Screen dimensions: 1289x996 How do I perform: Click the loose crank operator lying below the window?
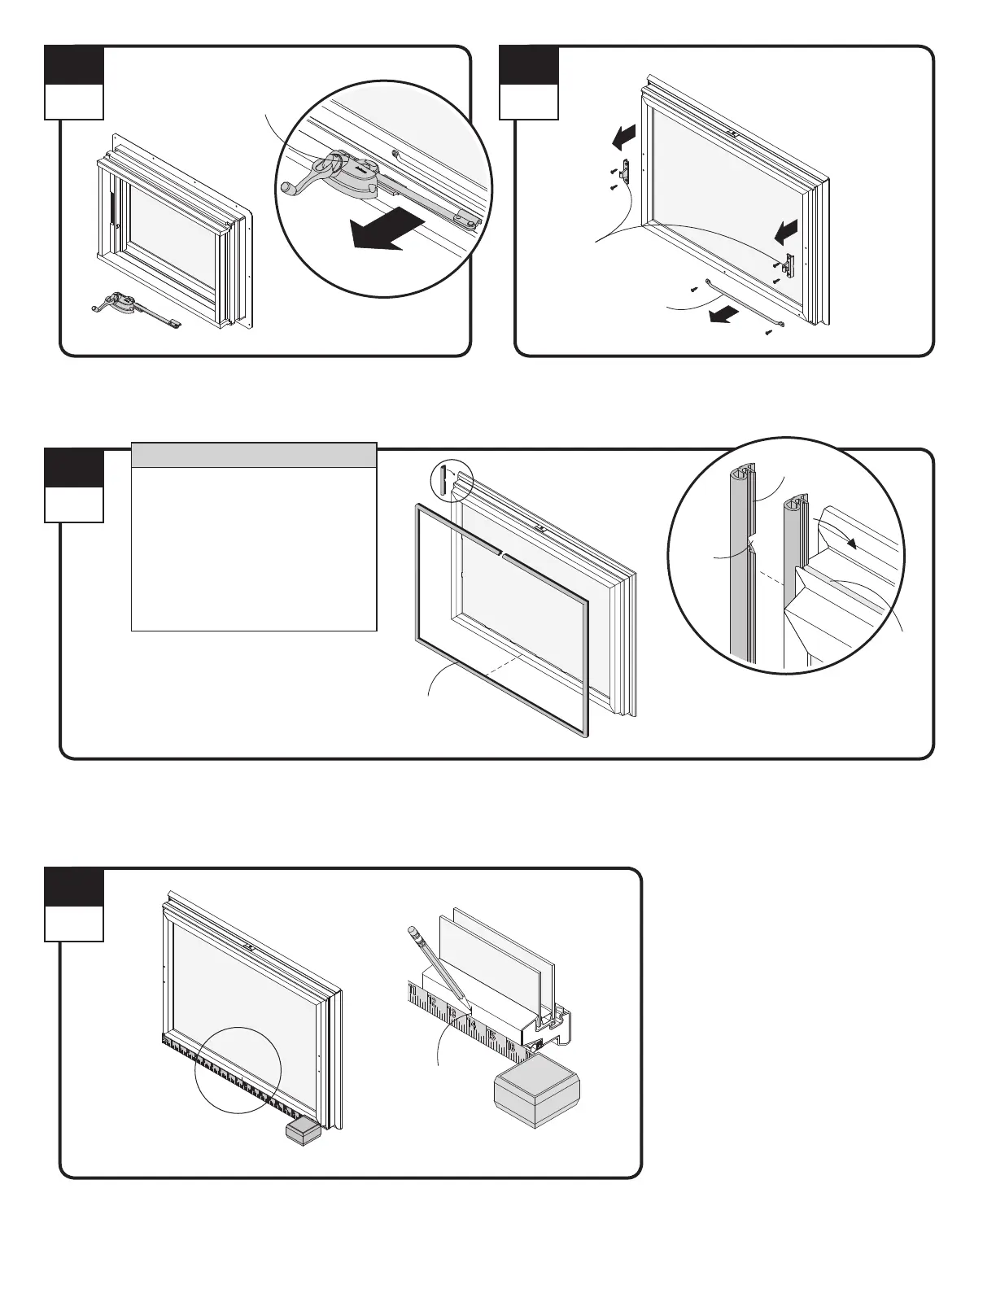[134, 308]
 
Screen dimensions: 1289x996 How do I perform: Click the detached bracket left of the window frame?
[625, 171]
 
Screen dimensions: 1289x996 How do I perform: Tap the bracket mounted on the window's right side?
[787, 264]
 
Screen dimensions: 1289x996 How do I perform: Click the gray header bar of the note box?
[254, 456]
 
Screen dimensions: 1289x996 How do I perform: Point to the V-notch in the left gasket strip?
[750, 544]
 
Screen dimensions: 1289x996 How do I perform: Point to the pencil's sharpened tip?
[465, 998]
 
